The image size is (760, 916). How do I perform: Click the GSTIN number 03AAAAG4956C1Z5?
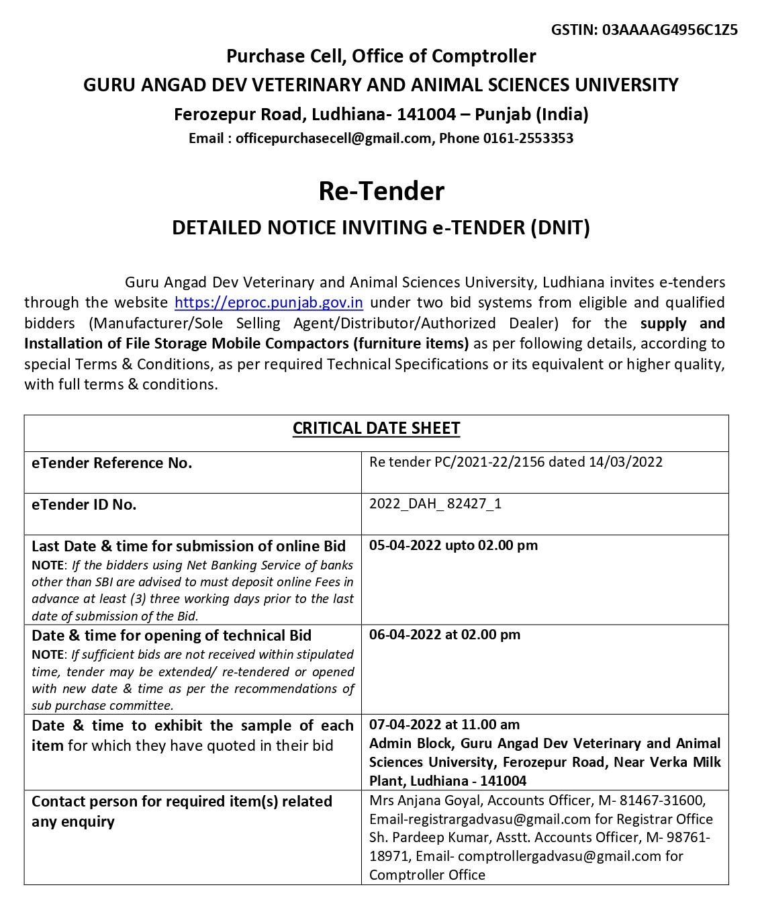tap(670, 30)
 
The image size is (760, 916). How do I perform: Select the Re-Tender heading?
tap(381, 191)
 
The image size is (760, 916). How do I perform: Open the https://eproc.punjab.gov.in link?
tap(269, 303)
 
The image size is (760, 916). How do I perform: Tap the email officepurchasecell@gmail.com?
tap(334, 138)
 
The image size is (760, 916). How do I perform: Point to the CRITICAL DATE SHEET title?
tap(376, 428)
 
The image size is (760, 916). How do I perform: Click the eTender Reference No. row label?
tap(111, 463)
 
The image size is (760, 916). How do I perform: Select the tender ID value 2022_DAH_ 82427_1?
tap(435, 504)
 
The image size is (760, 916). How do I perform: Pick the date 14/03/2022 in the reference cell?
tap(626, 462)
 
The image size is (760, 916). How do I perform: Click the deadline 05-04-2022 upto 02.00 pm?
tap(453, 545)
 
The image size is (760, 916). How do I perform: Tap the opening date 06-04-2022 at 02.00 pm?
tap(444, 635)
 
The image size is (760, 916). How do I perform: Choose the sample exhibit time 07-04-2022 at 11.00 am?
tap(444, 725)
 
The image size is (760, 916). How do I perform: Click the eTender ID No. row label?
tap(84, 505)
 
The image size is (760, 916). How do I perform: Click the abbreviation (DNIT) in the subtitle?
tap(560, 228)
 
